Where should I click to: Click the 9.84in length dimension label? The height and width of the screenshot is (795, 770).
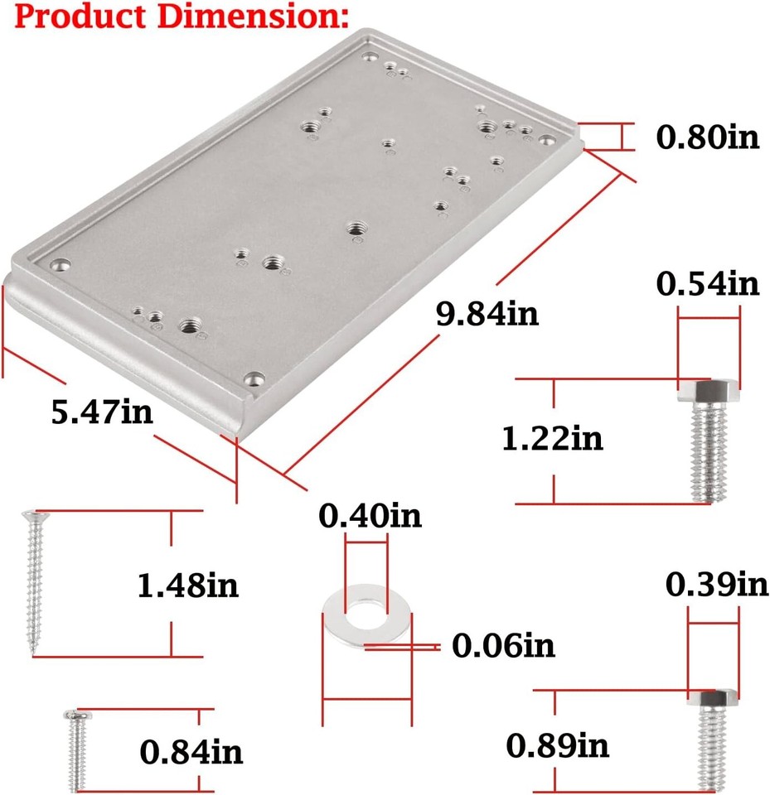click(x=487, y=315)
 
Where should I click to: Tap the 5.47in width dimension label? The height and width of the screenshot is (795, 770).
click(x=102, y=412)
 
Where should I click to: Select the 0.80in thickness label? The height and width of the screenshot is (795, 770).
click(x=708, y=137)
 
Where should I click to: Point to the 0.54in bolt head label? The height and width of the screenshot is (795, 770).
click(x=708, y=284)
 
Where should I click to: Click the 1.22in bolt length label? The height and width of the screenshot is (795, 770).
click(x=553, y=438)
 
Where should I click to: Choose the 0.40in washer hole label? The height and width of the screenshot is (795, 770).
click(x=370, y=516)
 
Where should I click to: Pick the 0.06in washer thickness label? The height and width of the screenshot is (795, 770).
click(x=503, y=644)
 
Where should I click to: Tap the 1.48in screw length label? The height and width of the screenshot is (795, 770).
click(x=188, y=585)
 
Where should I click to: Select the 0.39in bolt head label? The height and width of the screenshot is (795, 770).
click(x=718, y=585)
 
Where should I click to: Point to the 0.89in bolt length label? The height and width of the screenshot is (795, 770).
click(x=558, y=745)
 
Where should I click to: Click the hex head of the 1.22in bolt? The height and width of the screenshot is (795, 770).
click(x=709, y=391)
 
